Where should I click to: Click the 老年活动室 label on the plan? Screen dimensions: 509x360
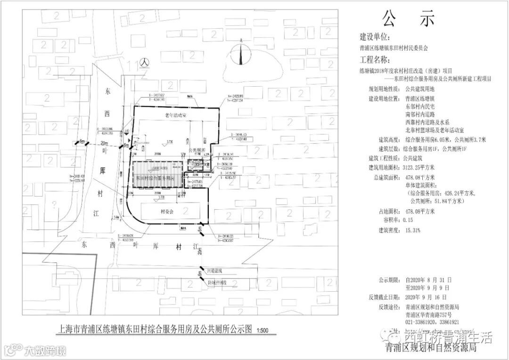click(x=176, y=115)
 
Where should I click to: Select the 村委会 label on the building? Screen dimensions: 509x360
click(x=167, y=212)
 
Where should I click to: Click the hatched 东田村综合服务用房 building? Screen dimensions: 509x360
click(x=156, y=175)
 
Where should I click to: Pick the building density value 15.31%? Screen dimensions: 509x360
click(x=413, y=230)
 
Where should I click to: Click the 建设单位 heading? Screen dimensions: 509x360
click(x=375, y=37)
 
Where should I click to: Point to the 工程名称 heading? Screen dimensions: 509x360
click(x=375, y=60)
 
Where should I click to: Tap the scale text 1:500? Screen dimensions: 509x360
click(x=262, y=330)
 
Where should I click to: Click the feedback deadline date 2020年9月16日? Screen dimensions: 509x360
click(x=426, y=297)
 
